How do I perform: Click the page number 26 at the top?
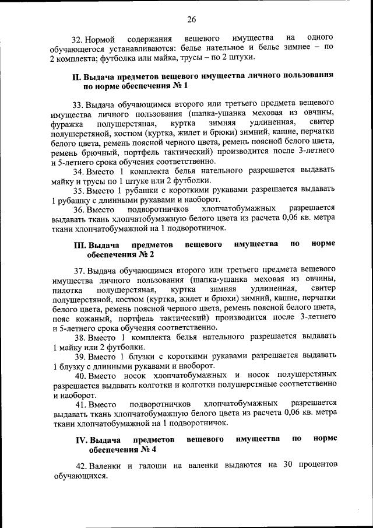tap(191, 20)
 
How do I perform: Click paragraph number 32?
tap(78, 39)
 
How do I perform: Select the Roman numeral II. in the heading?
tap(76, 76)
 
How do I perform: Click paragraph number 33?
tap(79, 105)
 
